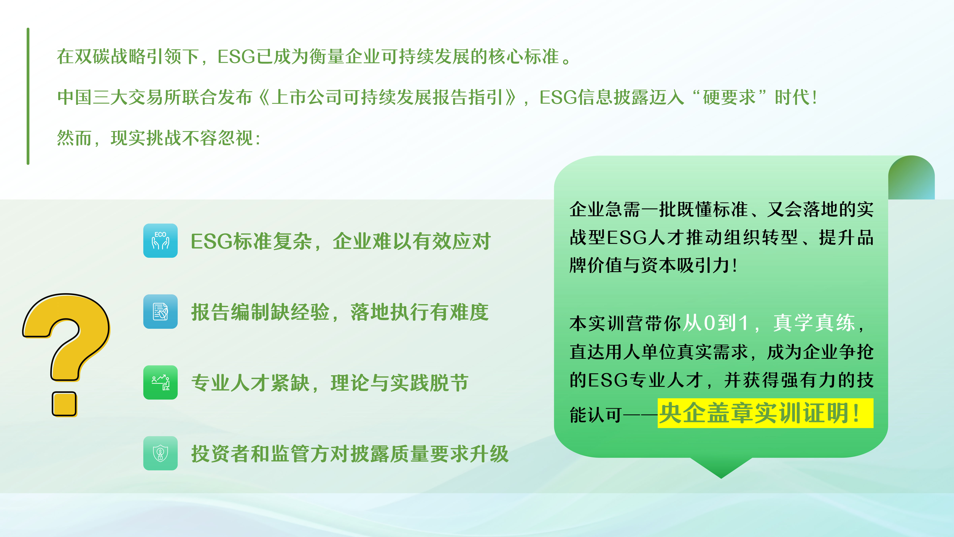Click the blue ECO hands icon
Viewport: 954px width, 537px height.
pos(160,240)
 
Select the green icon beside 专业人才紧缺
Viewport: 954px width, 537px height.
pos(160,382)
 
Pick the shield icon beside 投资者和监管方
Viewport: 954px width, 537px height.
pos(160,453)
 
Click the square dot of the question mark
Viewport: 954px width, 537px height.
pos(64,404)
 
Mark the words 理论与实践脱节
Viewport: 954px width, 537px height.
pos(400,383)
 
